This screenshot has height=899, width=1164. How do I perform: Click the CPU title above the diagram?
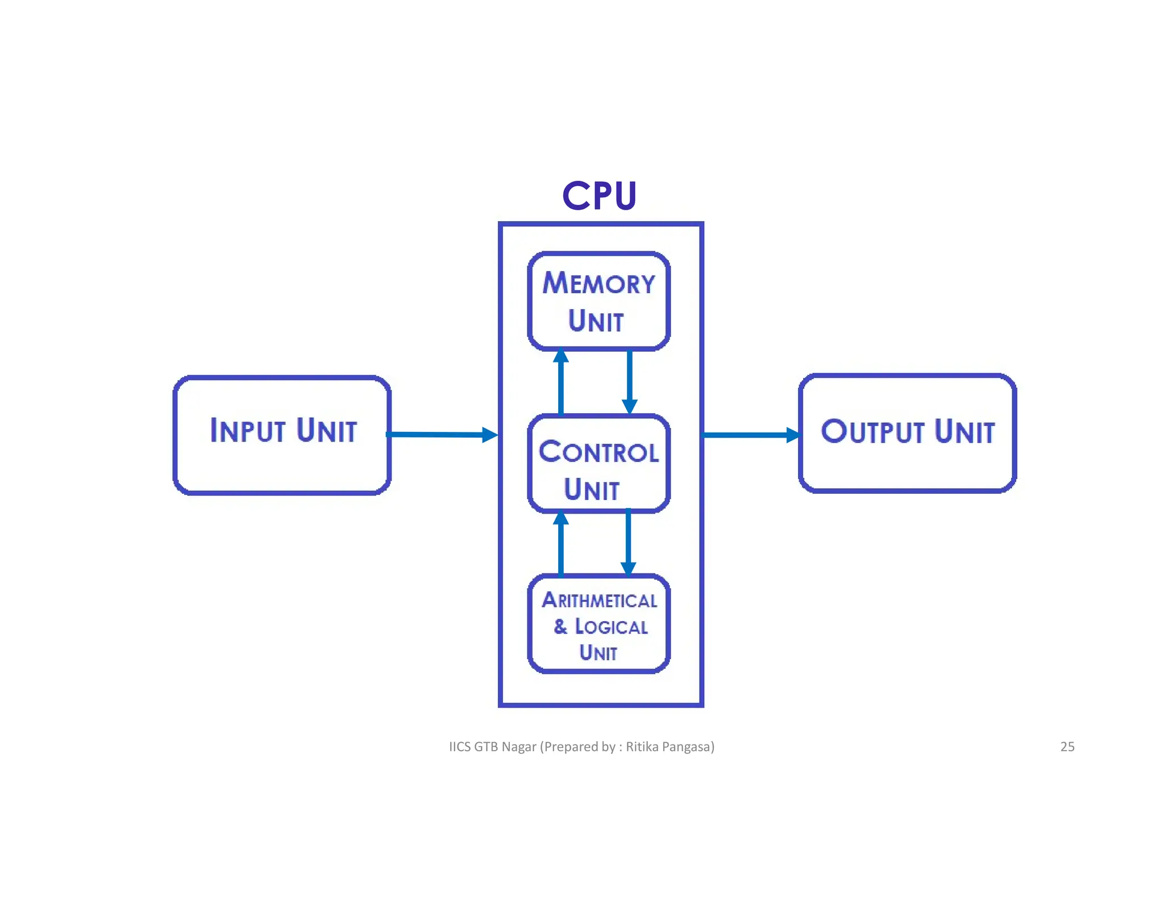pyautogui.click(x=599, y=195)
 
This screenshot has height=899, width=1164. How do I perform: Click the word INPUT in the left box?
pyautogui.click(x=247, y=430)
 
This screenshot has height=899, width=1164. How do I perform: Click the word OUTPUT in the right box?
pyautogui.click(x=873, y=431)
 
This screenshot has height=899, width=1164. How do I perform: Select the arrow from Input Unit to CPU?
pyautogui.click(x=441, y=435)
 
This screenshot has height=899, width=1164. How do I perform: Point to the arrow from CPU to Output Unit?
pyautogui.click(x=750, y=435)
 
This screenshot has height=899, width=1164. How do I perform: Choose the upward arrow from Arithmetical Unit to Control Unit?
pyautogui.click(x=561, y=543)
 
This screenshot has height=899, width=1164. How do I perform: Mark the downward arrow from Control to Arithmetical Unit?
pyautogui.click(x=628, y=543)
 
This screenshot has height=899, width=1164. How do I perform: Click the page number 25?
pyautogui.click(x=1067, y=747)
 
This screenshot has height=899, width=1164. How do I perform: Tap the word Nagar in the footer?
pyautogui.click(x=518, y=747)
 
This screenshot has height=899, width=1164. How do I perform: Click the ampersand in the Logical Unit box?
pyautogui.click(x=560, y=626)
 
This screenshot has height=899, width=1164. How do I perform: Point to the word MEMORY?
pyautogui.click(x=598, y=283)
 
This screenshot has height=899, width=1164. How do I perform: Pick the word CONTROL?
pyautogui.click(x=598, y=452)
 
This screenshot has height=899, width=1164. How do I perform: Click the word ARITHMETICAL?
pyautogui.click(x=599, y=601)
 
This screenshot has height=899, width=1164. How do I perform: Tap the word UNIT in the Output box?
pyautogui.click(x=965, y=431)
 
